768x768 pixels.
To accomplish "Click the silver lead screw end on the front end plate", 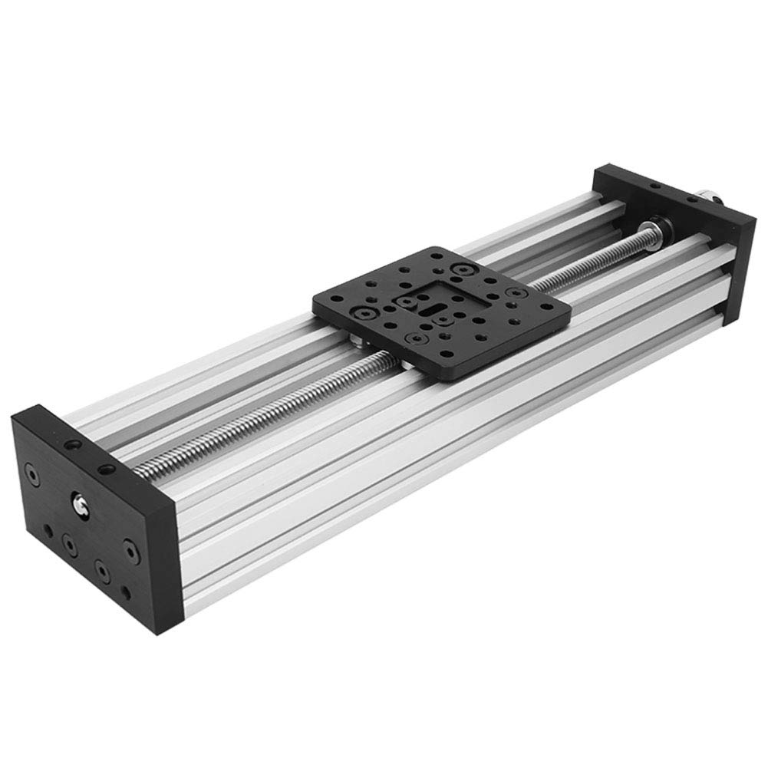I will coord(79,504).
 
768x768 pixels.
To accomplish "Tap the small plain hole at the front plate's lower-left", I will coord(47,530).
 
